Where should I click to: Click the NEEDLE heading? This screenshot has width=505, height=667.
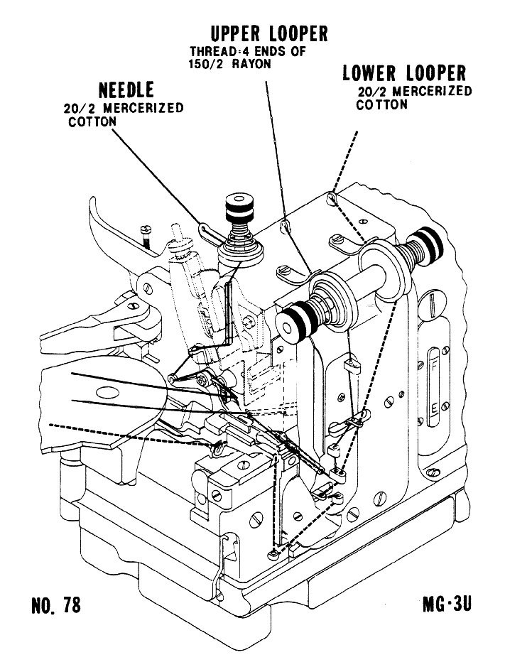(x=126, y=91)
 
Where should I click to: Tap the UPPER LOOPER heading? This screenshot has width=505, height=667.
(x=269, y=33)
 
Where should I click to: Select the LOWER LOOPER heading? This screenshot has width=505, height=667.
(x=404, y=73)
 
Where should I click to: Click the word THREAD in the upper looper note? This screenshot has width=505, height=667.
(x=210, y=52)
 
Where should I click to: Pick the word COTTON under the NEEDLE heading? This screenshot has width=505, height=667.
(x=92, y=121)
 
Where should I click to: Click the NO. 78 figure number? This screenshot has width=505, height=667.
(x=56, y=605)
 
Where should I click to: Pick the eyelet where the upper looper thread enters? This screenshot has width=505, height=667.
(x=286, y=227)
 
